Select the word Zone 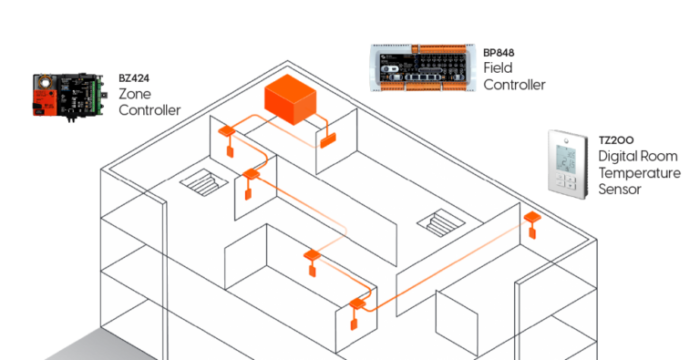pyautogui.click(x=136, y=94)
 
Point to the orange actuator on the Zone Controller pyautogui.click(x=45, y=95)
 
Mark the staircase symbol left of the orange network pyautogui.click(x=201, y=181)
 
